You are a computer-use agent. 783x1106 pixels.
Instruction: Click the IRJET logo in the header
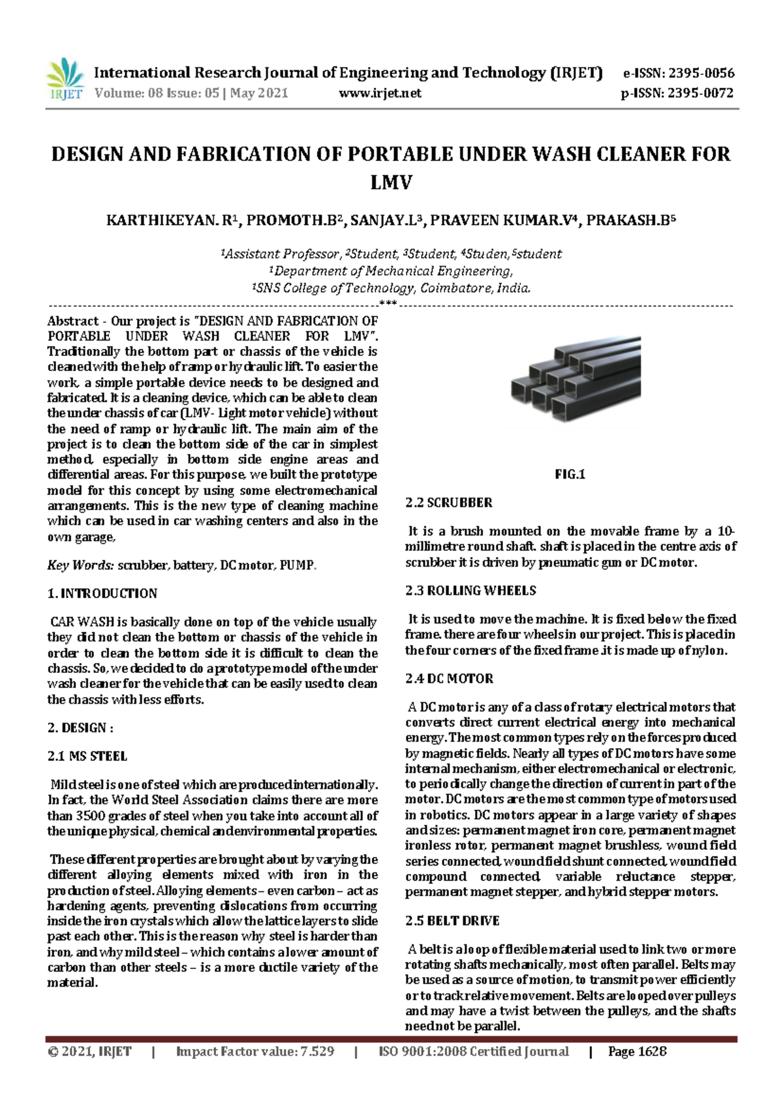65,79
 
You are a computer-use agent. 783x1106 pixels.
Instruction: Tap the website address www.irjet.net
380,93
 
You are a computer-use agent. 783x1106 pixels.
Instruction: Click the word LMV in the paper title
391,182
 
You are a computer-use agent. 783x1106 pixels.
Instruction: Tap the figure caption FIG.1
570,475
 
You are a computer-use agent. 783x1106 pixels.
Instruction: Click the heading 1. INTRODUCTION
102,593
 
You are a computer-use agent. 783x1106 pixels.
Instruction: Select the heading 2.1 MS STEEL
87,756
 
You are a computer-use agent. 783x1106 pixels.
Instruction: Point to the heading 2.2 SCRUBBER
449,503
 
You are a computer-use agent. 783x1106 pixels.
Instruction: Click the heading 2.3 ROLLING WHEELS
470,591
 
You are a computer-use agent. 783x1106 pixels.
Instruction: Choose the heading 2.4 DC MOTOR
450,679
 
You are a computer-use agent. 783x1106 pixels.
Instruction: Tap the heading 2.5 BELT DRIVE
452,921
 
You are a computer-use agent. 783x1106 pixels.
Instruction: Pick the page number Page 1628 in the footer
637,1051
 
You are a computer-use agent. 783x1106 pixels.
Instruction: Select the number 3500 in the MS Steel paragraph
90,816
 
